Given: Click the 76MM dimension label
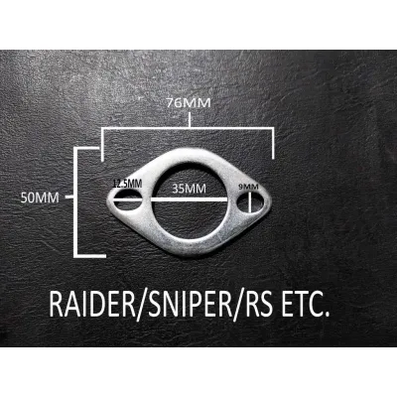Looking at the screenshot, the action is click(189, 103).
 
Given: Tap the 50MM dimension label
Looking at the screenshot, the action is click(40, 198).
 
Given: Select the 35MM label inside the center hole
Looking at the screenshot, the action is click(189, 189).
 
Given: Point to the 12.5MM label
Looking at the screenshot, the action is click(127, 184).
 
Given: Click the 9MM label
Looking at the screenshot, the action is click(248, 187).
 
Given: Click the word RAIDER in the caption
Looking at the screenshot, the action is click(92, 304).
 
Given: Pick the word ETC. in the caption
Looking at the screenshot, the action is click(305, 304).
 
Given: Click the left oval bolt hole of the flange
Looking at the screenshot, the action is click(128, 199).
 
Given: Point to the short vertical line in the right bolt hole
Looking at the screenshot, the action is click(250, 201).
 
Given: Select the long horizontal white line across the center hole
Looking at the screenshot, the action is click(171, 199).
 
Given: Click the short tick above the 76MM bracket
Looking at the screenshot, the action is click(190, 120).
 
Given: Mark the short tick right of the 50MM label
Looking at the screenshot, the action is click(69, 198).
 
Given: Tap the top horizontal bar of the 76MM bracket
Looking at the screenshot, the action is click(188, 129).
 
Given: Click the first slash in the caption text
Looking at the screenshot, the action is click(142, 305).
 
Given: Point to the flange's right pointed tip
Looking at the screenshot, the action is click(271, 200).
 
